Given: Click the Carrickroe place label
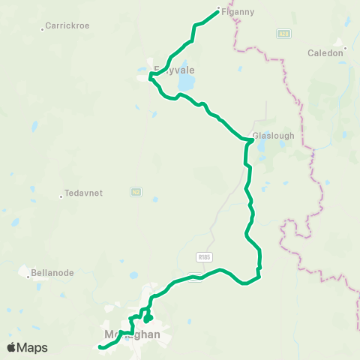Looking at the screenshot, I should (x=67, y=25).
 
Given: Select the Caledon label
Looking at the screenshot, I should (x=325, y=53).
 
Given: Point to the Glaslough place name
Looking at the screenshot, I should (x=274, y=136).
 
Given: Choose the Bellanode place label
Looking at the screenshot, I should (x=52, y=273).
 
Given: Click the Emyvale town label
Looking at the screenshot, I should (x=174, y=70).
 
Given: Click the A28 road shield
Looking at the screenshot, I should (x=283, y=33).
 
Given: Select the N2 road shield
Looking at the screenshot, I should (x=136, y=192).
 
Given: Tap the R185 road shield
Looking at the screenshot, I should (x=205, y=256).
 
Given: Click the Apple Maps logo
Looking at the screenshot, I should (x=27, y=347).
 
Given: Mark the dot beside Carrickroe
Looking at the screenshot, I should (x=42, y=29).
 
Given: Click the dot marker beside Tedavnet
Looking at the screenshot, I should (x=61, y=196).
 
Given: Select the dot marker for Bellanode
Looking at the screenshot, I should (x=28, y=277).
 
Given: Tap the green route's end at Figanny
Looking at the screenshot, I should (x=217, y=10).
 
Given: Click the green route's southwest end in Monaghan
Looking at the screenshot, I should (x=100, y=347).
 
